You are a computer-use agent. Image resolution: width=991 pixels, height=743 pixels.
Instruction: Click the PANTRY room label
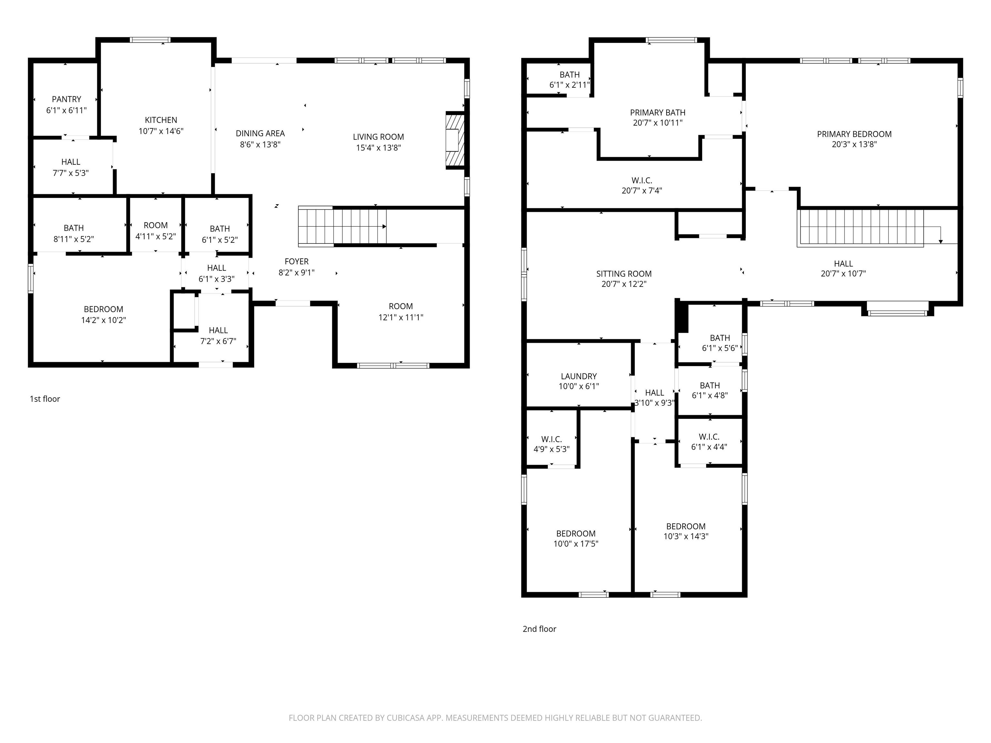(x=66, y=99)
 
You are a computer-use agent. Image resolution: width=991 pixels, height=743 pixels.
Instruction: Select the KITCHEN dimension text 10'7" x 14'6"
(x=161, y=131)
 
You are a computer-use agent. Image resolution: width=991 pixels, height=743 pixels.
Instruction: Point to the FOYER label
(x=296, y=262)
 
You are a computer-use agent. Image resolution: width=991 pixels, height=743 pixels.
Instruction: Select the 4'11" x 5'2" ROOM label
(x=155, y=231)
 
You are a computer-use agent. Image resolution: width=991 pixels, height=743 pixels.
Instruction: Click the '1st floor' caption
(x=45, y=399)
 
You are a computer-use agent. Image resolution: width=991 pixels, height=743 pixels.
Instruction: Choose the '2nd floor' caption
(x=539, y=629)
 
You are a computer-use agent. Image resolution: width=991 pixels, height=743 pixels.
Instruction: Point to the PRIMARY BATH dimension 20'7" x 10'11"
(x=658, y=123)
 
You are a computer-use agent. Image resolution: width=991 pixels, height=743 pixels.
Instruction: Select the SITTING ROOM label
(x=624, y=274)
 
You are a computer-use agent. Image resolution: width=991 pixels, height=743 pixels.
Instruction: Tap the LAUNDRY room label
(x=578, y=377)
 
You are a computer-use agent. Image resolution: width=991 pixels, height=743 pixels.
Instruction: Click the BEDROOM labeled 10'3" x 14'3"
(x=686, y=531)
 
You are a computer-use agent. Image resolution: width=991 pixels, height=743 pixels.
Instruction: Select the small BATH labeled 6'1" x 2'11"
(x=569, y=80)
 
